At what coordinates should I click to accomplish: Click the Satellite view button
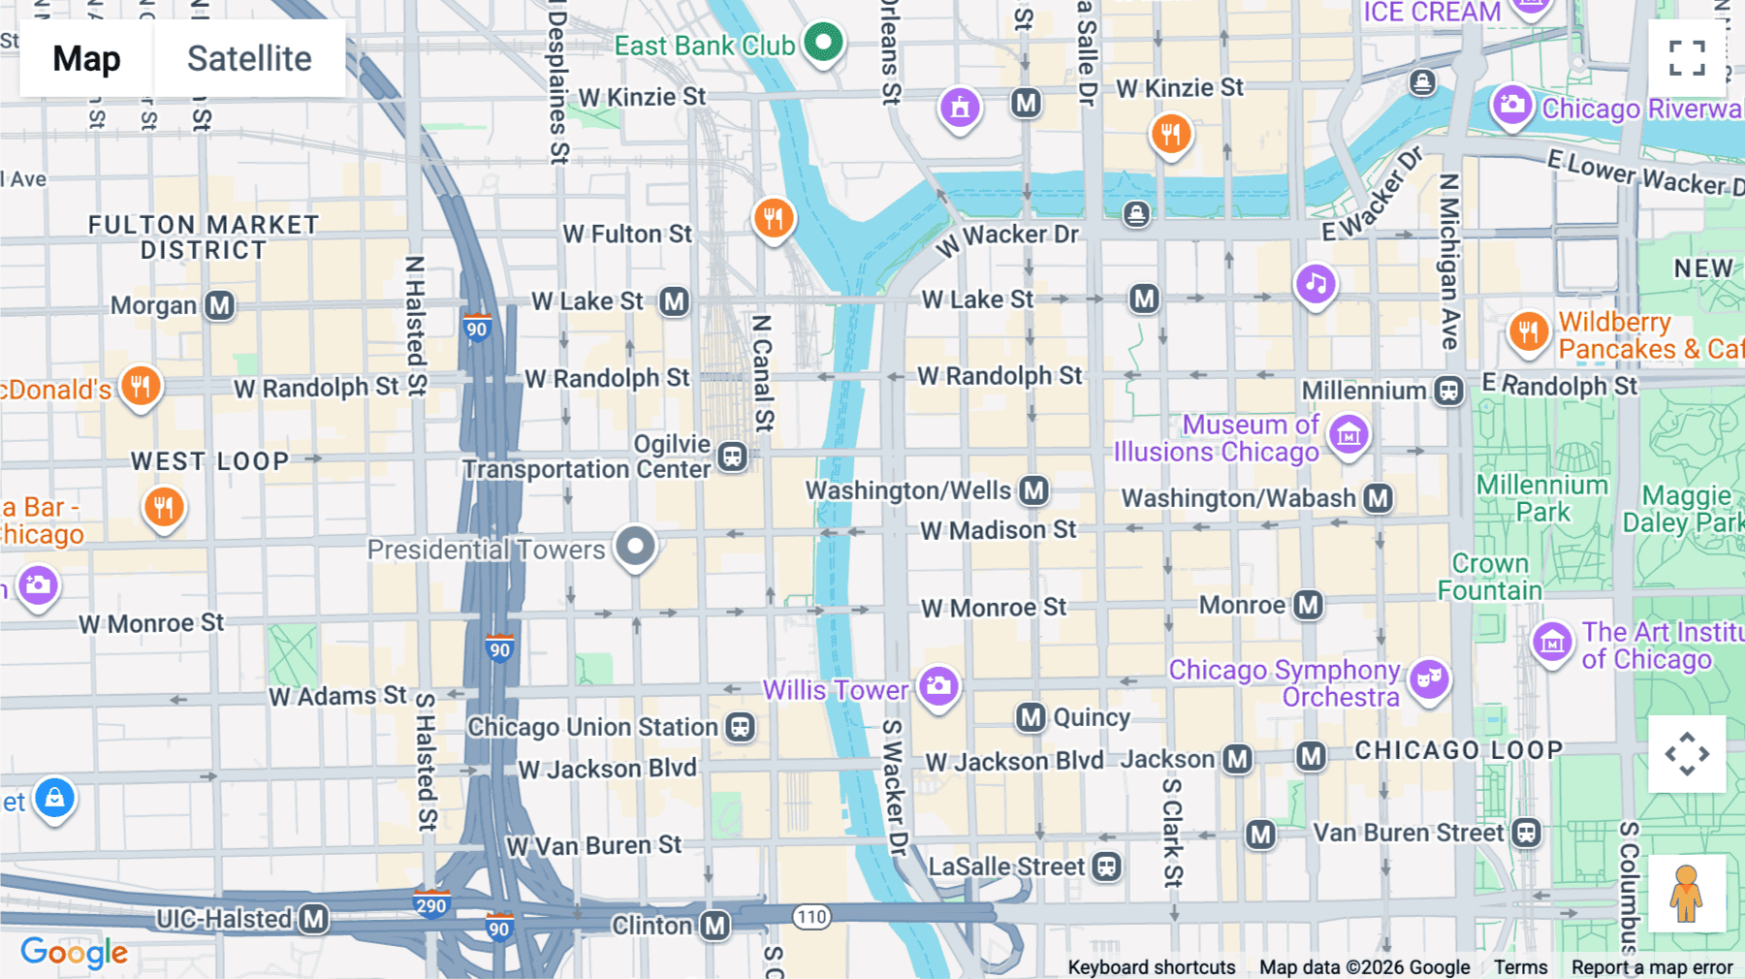click(x=249, y=58)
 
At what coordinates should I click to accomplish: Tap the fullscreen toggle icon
click(x=1687, y=58)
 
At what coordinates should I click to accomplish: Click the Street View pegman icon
click(x=1687, y=894)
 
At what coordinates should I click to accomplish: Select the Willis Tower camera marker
click(x=937, y=686)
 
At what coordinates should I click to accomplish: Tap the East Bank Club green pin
click(x=823, y=42)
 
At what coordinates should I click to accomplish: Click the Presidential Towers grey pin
click(x=635, y=546)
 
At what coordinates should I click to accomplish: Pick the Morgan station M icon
click(x=220, y=306)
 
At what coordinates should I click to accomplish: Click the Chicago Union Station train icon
click(x=741, y=727)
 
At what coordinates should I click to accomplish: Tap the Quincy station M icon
click(x=1031, y=717)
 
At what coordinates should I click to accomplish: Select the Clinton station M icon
click(x=715, y=926)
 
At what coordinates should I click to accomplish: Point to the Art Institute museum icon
click(x=1552, y=642)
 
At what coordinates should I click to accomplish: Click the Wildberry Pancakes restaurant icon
click(x=1528, y=332)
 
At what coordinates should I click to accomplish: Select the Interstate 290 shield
click(x=431, y=905)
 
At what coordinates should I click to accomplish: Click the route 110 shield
click(x=811, y=916)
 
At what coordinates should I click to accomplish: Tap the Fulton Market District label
click(x=204, y=237)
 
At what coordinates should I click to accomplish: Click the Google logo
click(x=75, y=952)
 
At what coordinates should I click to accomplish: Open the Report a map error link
click(x=1652, y=967)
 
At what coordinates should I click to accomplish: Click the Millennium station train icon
click(x=1449, y=391)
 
